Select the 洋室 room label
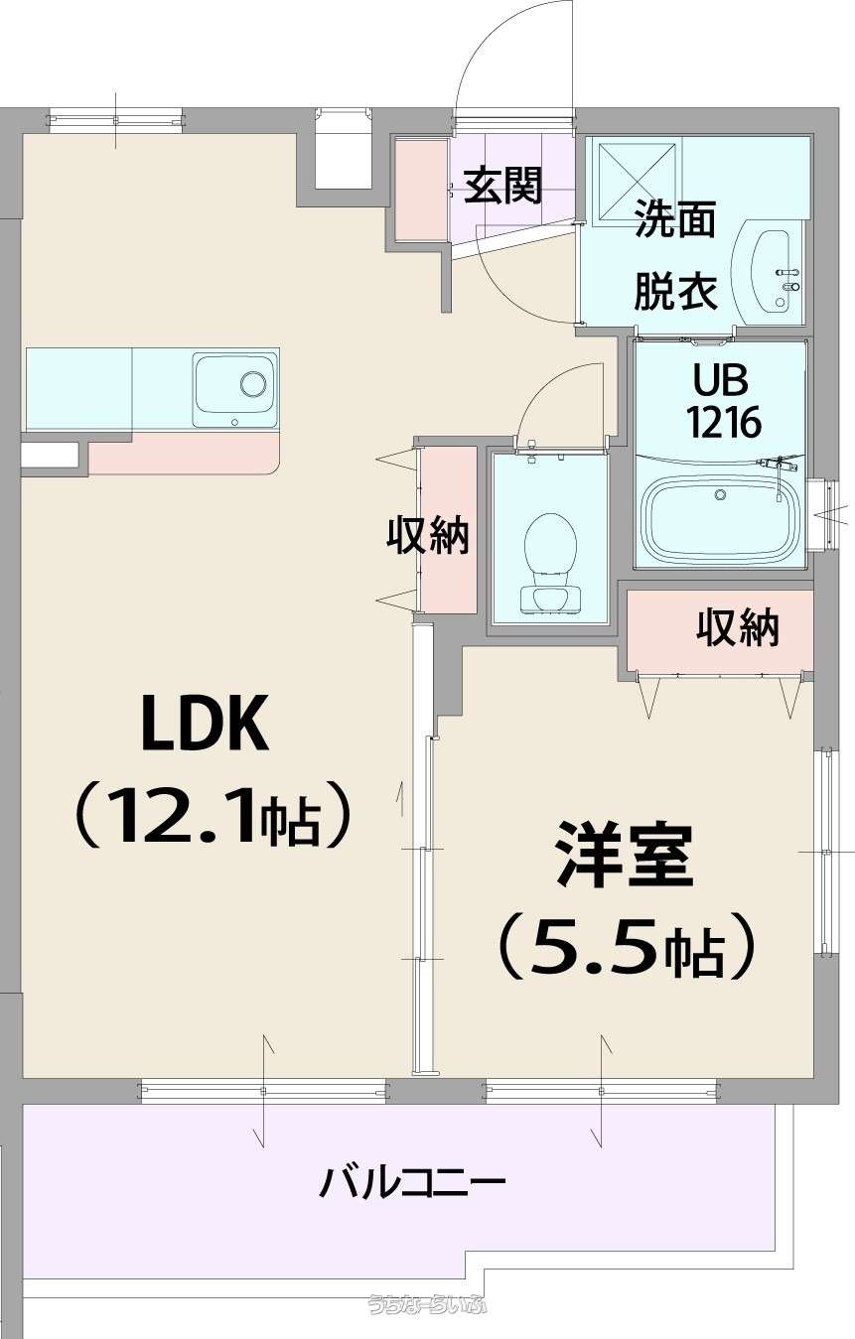tap(625, 855)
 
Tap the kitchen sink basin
tap(233, 391)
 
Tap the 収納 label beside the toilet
tap(428, 535)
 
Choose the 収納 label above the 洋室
tap(738, 627)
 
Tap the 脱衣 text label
tap(675, 292)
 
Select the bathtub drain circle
tap(721, 493)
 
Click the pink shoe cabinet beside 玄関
tap(421, 190)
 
